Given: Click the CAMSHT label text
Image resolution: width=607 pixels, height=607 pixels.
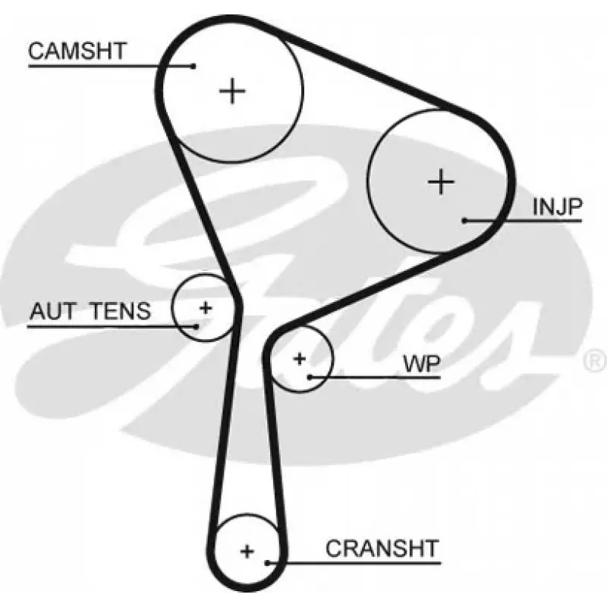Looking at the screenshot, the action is coord(77,51).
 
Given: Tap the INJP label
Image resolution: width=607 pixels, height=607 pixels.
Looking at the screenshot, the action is coord(557,206).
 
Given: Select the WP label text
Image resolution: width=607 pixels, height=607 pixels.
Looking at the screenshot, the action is coord(422,363).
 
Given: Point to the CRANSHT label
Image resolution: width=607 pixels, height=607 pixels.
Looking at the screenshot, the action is coord(382,548).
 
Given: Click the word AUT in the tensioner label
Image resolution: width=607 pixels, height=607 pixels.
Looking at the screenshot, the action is coord(53,311).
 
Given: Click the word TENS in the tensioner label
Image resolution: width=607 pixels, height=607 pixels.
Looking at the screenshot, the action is coord(120,311).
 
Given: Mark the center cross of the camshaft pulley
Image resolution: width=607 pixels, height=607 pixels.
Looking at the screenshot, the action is coord(232,91).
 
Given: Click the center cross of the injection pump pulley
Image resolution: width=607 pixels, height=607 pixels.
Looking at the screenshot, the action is coord(441,181).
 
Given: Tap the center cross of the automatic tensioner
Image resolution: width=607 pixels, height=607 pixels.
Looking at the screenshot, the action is coord(206,308).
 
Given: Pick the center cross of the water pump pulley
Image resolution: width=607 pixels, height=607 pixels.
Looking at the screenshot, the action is coord(300,359).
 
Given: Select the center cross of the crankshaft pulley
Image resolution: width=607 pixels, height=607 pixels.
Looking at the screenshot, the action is coord(247,551).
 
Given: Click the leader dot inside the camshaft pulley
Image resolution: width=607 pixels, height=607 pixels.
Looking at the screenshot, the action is coord(193,66).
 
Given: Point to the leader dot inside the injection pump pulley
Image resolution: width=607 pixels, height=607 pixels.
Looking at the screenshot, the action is coord(464,221).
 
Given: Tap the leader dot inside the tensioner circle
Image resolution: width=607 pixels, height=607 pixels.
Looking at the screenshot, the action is coord(197,327).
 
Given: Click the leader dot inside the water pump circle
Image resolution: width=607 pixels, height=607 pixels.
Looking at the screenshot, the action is coord(310,376).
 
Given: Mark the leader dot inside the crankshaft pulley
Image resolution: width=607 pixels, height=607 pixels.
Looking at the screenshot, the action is coord(267,562).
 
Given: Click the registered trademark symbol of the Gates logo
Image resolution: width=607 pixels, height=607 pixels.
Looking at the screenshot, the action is coord(595,361).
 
